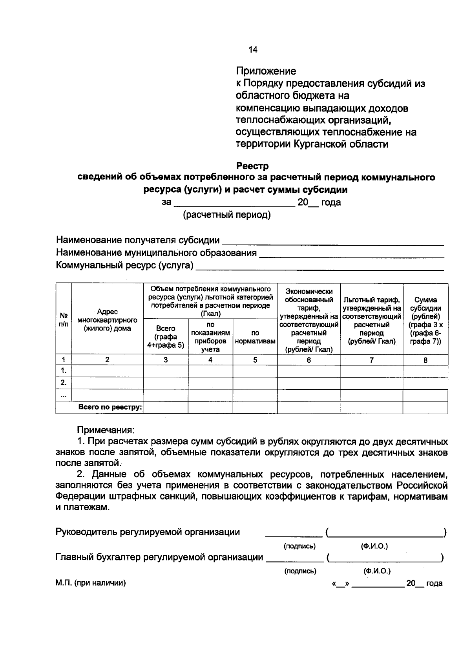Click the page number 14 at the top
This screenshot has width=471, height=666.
252,49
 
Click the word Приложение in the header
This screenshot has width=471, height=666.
266,71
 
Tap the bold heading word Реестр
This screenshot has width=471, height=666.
252,166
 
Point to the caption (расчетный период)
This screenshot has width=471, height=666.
227,215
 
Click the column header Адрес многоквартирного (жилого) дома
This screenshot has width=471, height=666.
108,320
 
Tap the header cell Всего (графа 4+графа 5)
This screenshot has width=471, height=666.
166,337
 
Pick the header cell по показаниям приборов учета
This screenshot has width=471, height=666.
210,337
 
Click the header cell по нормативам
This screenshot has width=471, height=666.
255,337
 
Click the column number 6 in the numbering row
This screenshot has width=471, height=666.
309,360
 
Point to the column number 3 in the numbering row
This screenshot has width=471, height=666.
166,360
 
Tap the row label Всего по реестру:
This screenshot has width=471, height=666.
110,407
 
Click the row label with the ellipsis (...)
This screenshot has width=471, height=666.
63,395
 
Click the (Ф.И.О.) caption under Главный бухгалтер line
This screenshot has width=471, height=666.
377,571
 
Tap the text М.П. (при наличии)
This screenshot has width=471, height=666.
91,583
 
